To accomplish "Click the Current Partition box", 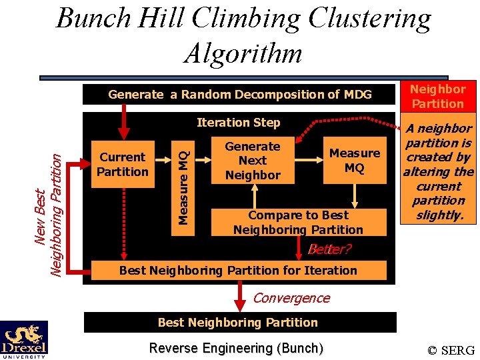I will point(123,165).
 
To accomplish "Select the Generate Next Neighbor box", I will point(253,161).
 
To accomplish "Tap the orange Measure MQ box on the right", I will point(355,161).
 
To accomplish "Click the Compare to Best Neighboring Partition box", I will point(298,222).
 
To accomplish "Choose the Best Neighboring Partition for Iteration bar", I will point(238,270).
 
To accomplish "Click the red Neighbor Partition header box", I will point(437,96).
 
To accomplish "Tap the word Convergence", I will point(291,298).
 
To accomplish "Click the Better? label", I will point(329,250).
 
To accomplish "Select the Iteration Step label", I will point(238,122).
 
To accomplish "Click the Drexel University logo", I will point(24,339).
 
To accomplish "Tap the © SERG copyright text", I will point(451,350).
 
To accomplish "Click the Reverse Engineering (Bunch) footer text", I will point(236,348).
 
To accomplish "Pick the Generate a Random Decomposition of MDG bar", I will point(240,95).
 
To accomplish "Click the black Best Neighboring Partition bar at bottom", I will point(238,322).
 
